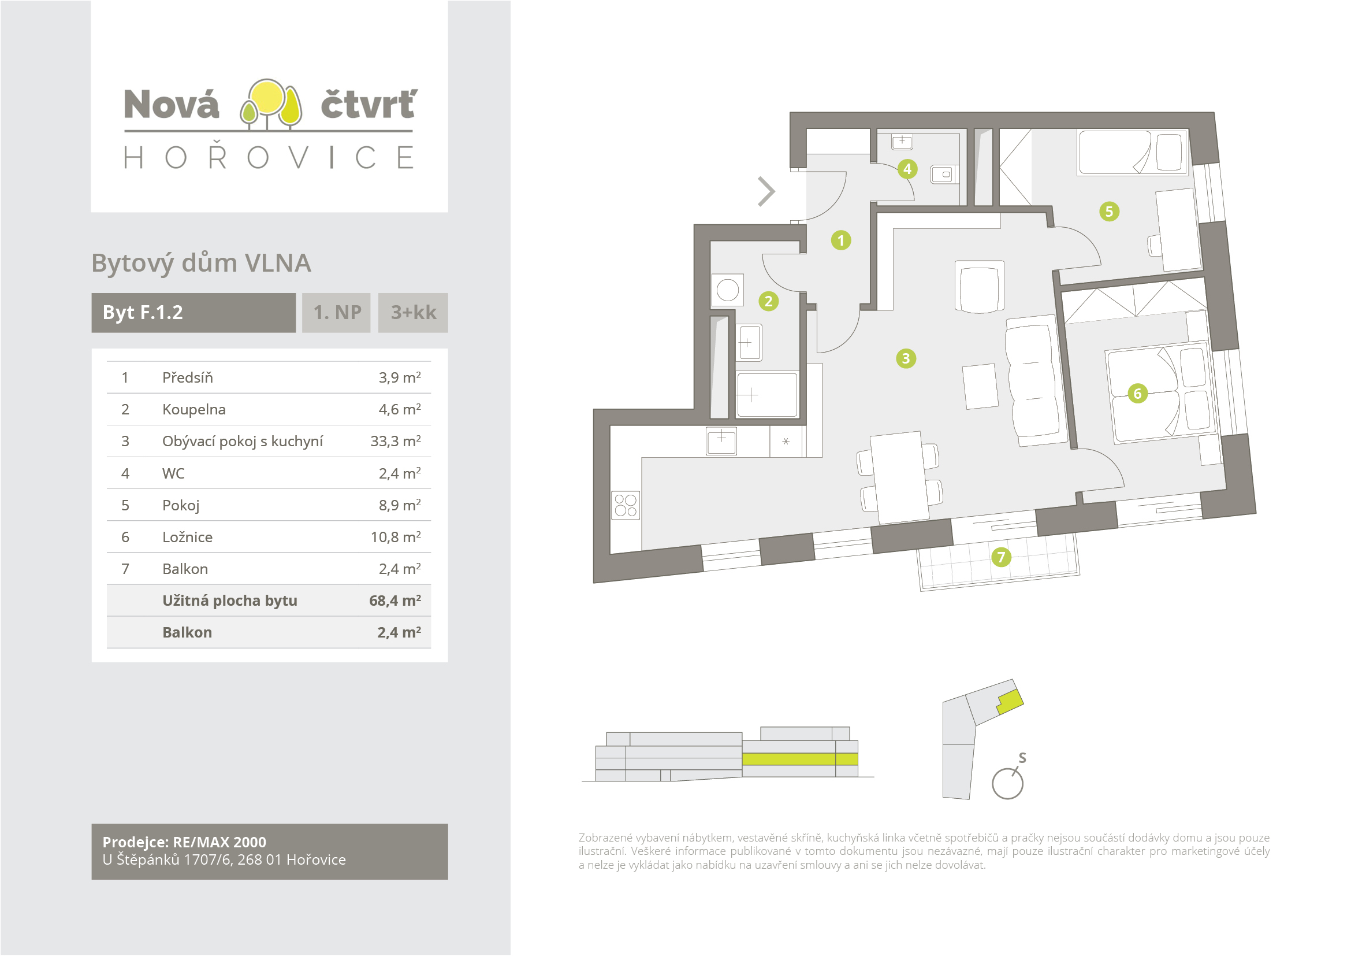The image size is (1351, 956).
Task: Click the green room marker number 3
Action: (x=906, y=358)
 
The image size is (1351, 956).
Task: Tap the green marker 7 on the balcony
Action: (x=1001, y=557)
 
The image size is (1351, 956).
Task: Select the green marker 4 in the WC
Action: (x=907, y=169)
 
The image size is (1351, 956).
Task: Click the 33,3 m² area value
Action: (x=395, y=441)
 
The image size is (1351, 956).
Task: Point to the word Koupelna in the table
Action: (x=193, y=409)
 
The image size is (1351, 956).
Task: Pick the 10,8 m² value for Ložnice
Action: (x=395, y=537)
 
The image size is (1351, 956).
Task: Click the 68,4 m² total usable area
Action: (x=395, y=601)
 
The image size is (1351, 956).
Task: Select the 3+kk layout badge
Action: (x=413, y=313)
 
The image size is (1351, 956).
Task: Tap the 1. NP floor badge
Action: (x=337, y=313)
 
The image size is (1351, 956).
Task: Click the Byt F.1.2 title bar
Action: (x=193, y=313)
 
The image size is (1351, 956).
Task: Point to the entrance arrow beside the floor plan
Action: (x=766, y=191)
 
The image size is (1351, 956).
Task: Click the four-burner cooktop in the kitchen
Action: (x=626, y=505)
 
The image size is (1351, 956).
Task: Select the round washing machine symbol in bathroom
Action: (x=728, y=290)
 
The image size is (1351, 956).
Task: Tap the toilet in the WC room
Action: (x=943, y=175)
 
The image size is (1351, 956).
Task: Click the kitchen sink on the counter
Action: (x=721, y=440)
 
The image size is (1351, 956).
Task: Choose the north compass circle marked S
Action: (x=1007, y=784)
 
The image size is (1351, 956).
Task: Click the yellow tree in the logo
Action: (x=269, y=98)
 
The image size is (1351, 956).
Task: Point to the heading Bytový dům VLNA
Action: (x=201, y=263)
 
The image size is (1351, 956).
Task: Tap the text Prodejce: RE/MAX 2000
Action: (x=184, y=842)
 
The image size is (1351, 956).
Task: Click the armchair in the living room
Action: (x=979, y=287)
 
